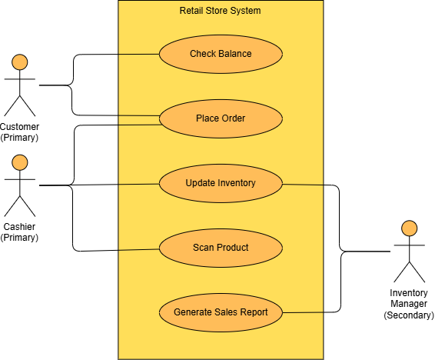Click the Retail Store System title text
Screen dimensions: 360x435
[x=220, y=11]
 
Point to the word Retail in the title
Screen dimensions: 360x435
[x=191, y=11]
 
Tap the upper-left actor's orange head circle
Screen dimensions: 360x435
[x=20, y=62]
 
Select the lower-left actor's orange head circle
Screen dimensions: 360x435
[x=20, y=162]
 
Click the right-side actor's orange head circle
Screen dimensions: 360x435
[x=409, y=228]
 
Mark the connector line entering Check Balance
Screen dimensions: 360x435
[x=138, y=55]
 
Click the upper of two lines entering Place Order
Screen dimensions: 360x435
[x=138, y=115]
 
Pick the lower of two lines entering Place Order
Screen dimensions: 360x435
[x=138, y=124]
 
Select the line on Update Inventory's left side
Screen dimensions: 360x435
[x=138, y=184]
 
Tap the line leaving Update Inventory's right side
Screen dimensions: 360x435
[x=304, y=185]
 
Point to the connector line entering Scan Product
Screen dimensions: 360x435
[x=138, y=249]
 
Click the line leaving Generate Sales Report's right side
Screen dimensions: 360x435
[x=303, y=312]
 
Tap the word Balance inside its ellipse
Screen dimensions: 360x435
[x=235, y=54]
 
